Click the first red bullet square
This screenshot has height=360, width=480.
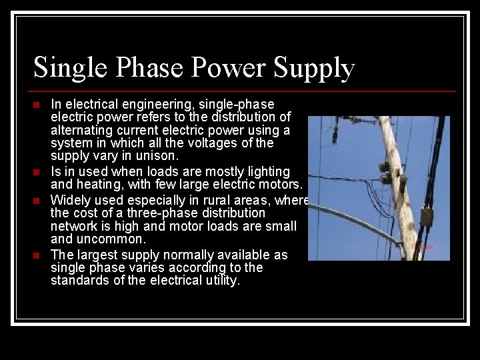[x=37, y=105]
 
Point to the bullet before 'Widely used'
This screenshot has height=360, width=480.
[x=37, y=201]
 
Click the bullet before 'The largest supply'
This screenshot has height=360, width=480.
[x=37, y=255]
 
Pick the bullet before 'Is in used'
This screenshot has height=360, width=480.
[x=37, y=173]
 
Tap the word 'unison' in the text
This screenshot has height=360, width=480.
[x=157, y=156]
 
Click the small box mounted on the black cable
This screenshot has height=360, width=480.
[x=425, y=217]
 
